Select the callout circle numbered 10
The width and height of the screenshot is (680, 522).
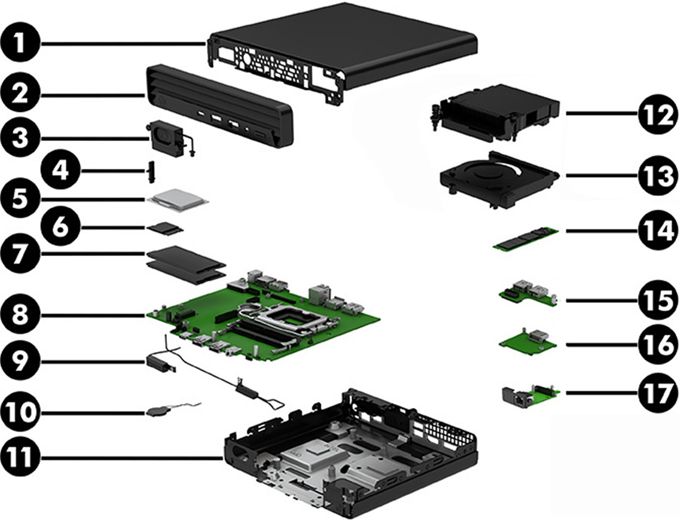pos(22,411)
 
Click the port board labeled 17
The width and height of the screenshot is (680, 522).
pos(530,393)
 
